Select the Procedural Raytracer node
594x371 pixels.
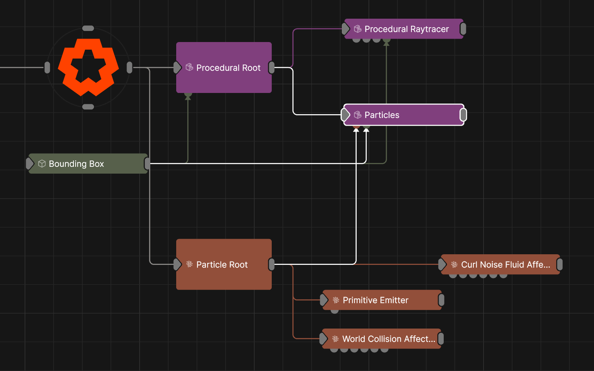406,29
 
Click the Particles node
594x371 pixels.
403,115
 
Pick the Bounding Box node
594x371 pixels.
88,163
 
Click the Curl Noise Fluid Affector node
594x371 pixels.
501,264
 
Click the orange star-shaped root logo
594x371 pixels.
88,67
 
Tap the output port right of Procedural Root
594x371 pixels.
272,67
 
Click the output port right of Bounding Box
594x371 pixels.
147,163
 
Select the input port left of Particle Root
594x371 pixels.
177,264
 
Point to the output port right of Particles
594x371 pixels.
463,115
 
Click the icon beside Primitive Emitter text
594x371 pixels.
336,300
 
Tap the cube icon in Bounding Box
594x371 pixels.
42,163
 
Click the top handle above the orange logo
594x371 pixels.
88,28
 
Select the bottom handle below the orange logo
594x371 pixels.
88,107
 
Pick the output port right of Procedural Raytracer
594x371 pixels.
463,29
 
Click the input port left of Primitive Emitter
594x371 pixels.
324,300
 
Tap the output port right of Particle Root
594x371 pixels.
272,264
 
